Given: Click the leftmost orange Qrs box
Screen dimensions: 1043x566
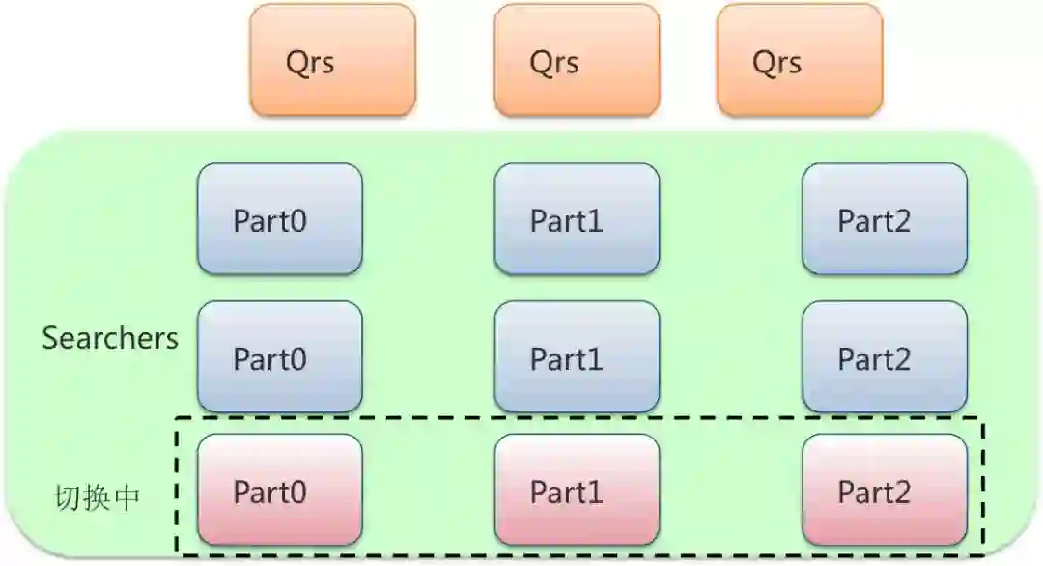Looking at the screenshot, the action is pyautogui.click(x=332, y=60).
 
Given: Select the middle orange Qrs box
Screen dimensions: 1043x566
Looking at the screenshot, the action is pyautogui.click(x=577, y=60).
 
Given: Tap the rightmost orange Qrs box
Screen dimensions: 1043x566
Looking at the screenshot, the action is pyautogui.click(x=800, y=60).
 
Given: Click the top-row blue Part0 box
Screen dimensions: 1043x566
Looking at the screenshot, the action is pyautogui.click(x=280, y=219).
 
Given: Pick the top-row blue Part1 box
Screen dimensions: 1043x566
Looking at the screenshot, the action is pyautogui.click(x=577, y=219).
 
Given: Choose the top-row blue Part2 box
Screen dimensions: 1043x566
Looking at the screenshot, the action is pyautogui.click(x=884, y=219).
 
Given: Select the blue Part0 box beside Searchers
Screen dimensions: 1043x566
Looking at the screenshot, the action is pyautogui.click(x=280, y=357).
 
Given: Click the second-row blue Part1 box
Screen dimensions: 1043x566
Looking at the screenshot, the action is pyautogui.click(x=577, y=357).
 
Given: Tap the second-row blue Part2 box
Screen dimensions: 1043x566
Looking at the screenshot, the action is pyautogui.click(x=884, y=357).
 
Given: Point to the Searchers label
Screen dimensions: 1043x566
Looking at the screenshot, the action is pyautogui.click(x=110, y=338).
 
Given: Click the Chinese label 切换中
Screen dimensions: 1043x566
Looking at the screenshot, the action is pyautogui.click(x=97, y=497).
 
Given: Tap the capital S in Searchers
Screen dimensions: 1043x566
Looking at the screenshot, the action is pyautogui.click(x=50, y=338).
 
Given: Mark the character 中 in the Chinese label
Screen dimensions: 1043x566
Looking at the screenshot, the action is pyautogui.click(x=127, y=497).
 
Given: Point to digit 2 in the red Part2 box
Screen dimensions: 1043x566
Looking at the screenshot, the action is pyautogui.click(x=901, y=493).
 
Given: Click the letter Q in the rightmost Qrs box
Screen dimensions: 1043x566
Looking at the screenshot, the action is pyautogui.click(x=764, y=61).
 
